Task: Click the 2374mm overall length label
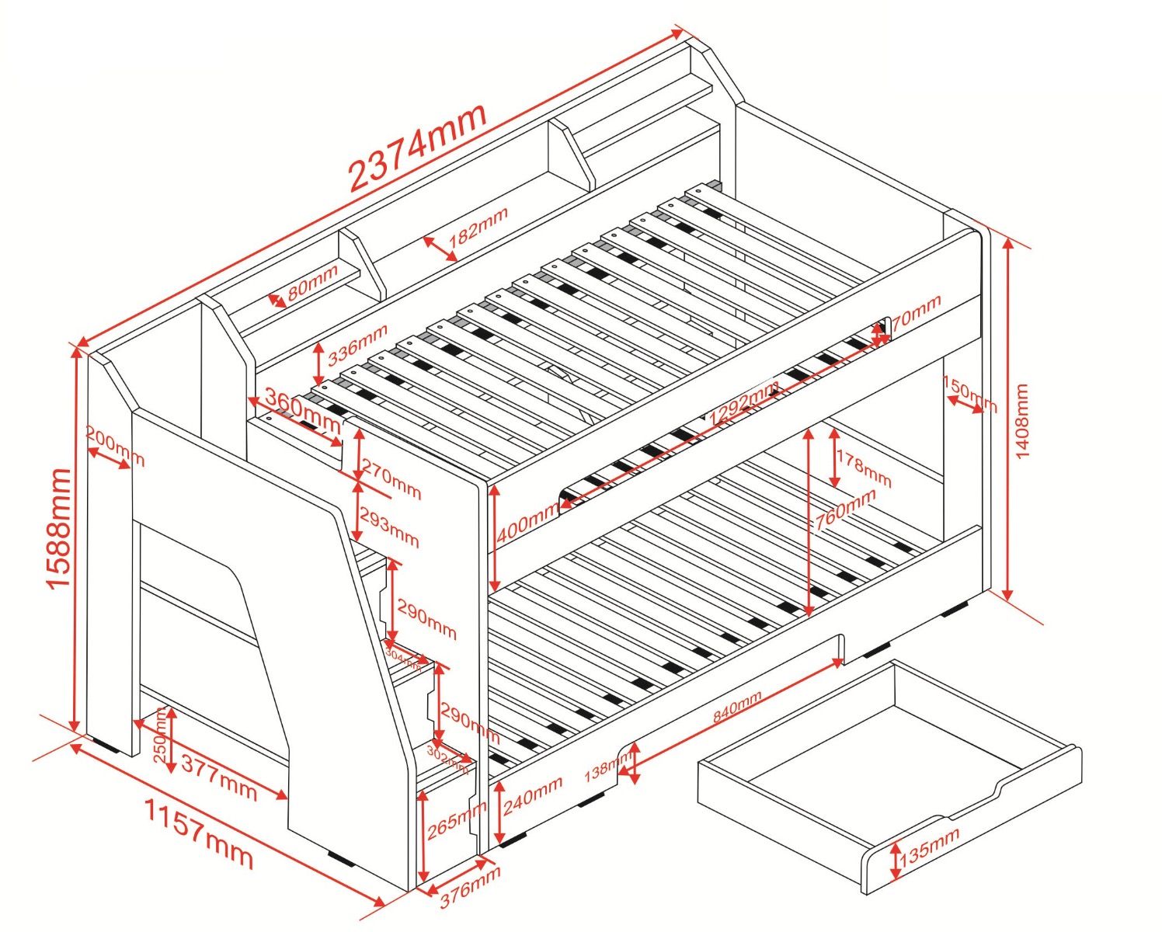(x=417, y=147)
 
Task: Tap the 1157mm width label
(x=200, y=833)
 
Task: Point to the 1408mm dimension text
(x=1022, y=420)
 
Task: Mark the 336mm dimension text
(x=357, y=345)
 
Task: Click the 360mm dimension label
(x=303, y=409)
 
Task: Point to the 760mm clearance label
(x=844, y=509)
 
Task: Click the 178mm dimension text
(x=864, y=470)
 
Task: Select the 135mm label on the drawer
(x=929, y=847)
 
